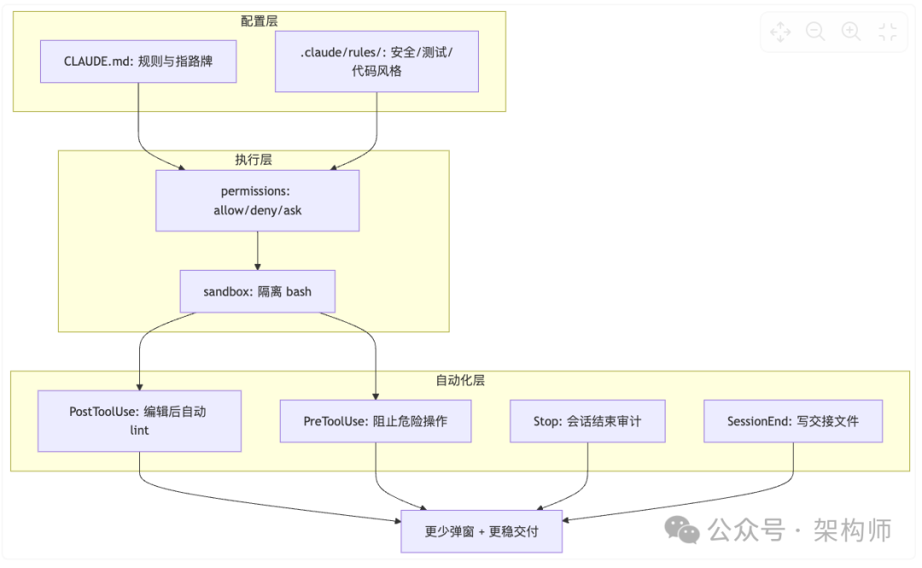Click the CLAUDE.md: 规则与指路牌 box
pyautogui.click(x=138, y=61)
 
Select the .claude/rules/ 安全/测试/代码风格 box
pyautogui.click(x=376, y=61)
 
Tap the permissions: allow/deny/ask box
pyautogui.click(x=257, y=201)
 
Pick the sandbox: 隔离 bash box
pyautogui.click(x=257, y=291)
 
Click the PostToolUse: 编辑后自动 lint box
pyautogui.click(x=139, y=420)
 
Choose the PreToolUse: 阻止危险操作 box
pyautogui.click(x=375, y=421)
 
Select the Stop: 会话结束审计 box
pyautogui.click(x=586, y=421)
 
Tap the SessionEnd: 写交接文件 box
pyautogui.click(x=793, y=421)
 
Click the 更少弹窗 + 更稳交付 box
pyautogui.click(x=481, y=531)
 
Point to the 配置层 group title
pyautogui.click(x=260, y=20)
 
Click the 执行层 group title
pyautogui.click(x=254, y=160)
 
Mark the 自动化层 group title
pyautogui.click(x=460, y=380)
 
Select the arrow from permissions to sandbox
pyautogui.click(x=257, y=250)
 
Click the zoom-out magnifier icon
pyautogui.click(x=815, y=32)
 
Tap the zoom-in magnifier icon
pyautogui.click(x=851, y=32)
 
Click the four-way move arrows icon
pyautogui.click(x=780, y=32)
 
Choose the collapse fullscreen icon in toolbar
pyautogui.click(x=888, y=32)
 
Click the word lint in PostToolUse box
pyautogui.click(x=139, y=430)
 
